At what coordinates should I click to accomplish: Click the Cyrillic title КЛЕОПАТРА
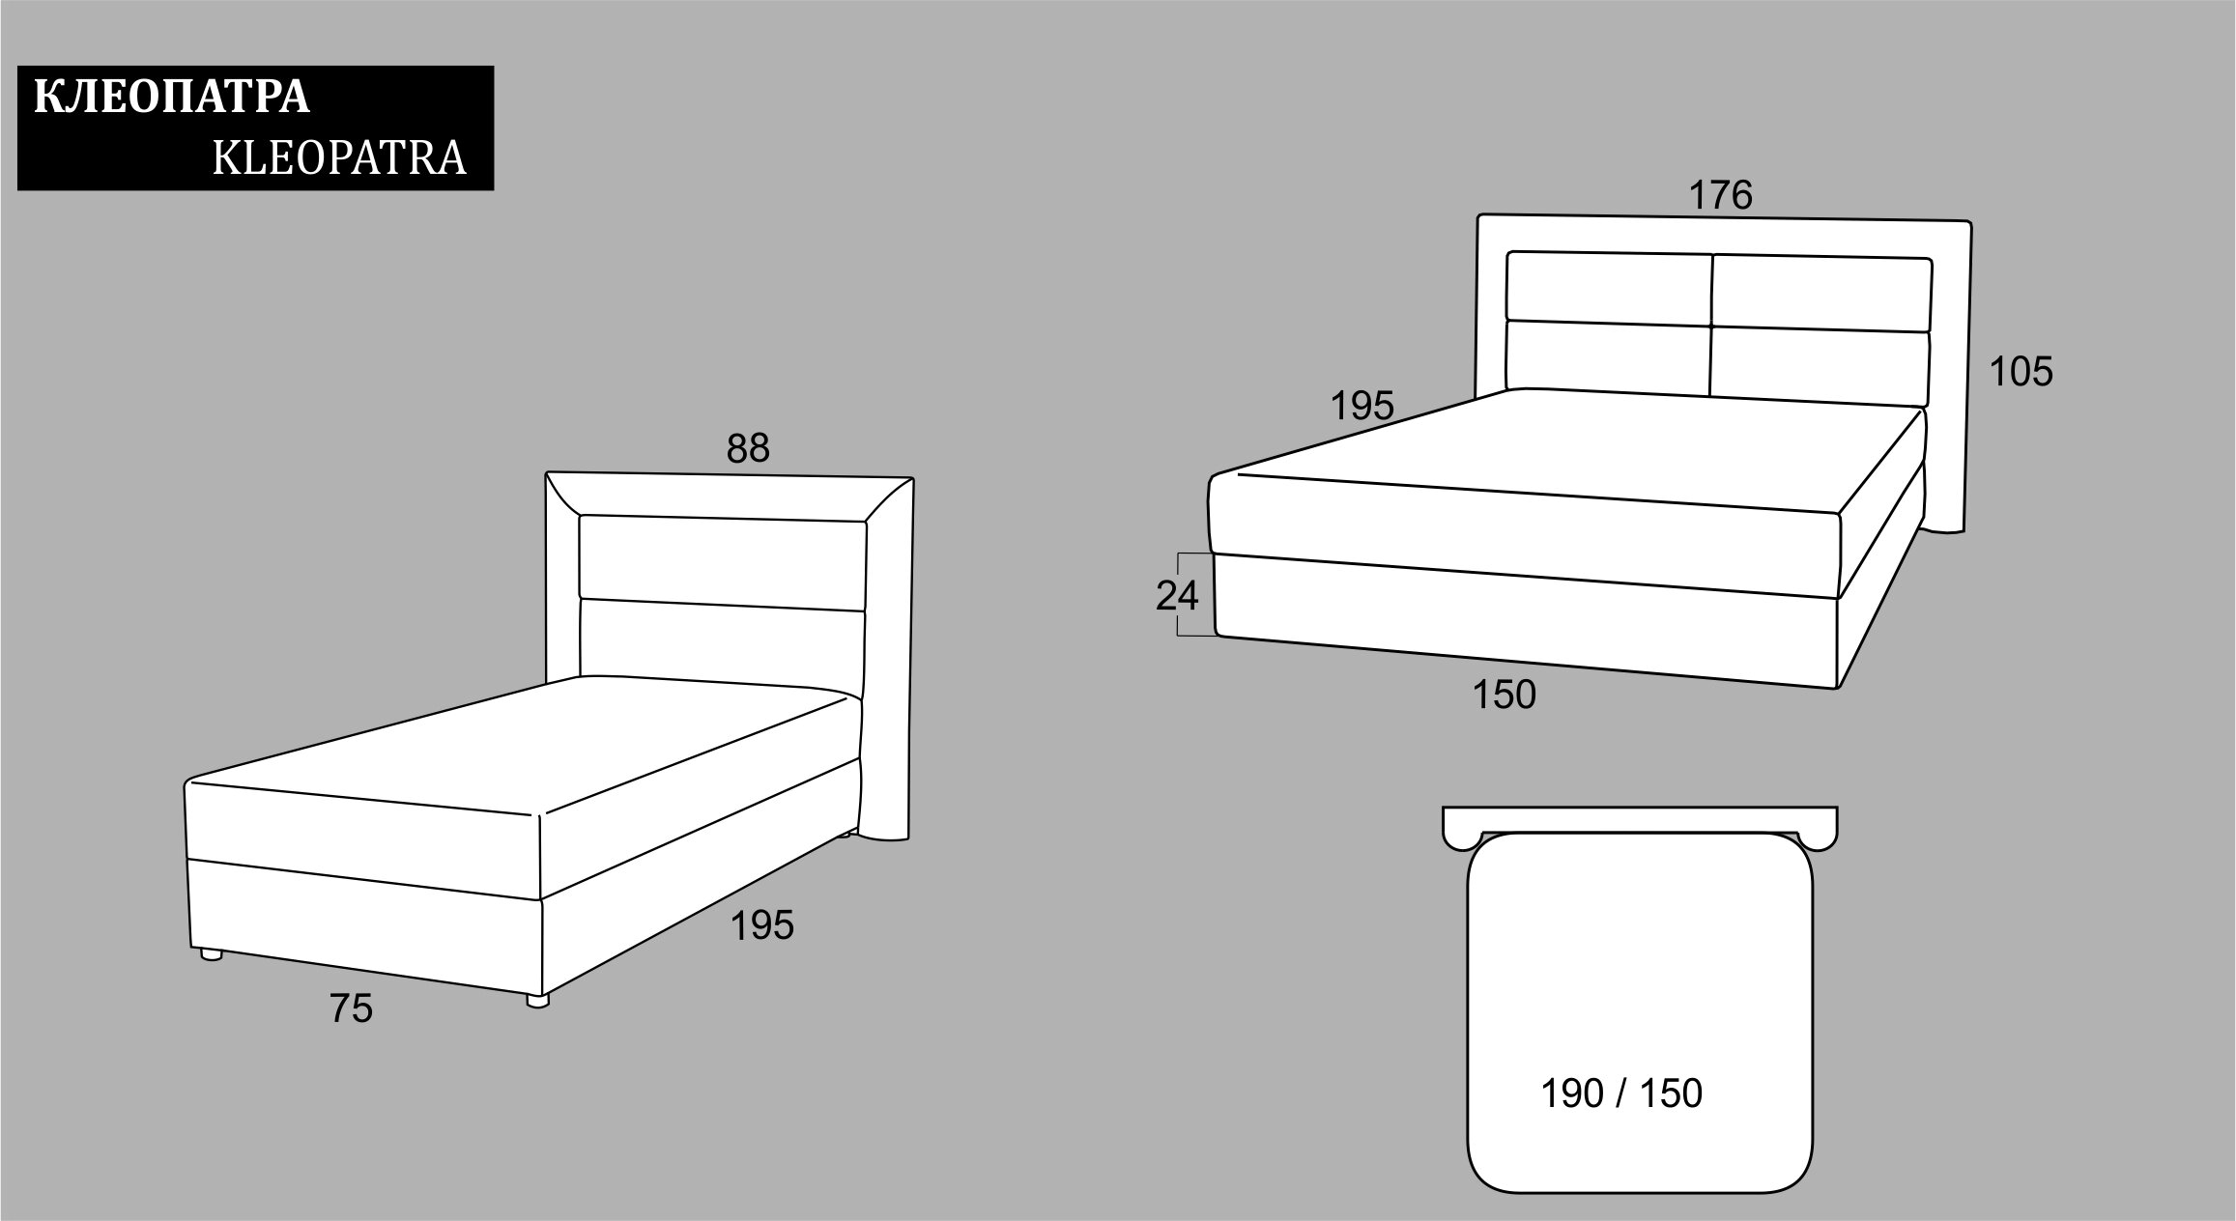pos(172,99)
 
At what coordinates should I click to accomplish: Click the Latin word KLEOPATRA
pos(339,158)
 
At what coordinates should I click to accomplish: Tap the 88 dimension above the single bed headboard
pos(748,448)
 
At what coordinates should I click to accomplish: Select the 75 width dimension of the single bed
pos(351,1008)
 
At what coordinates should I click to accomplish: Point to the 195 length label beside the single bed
pos(761,925)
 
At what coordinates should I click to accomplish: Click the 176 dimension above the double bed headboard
pos(1720,195)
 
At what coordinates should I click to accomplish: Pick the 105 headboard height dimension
pos(2021,372)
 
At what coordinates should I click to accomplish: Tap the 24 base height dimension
pos(1177,596)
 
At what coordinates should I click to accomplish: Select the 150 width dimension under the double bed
pos(1504,695)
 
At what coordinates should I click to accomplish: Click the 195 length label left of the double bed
pos(1362,406)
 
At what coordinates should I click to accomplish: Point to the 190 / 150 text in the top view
pos(1620,1093)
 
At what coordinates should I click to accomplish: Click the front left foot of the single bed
pos(210,954)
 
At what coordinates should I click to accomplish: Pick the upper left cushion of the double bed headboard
pos(1609,288)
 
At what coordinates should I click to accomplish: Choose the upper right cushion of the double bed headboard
pos(1821,295)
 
